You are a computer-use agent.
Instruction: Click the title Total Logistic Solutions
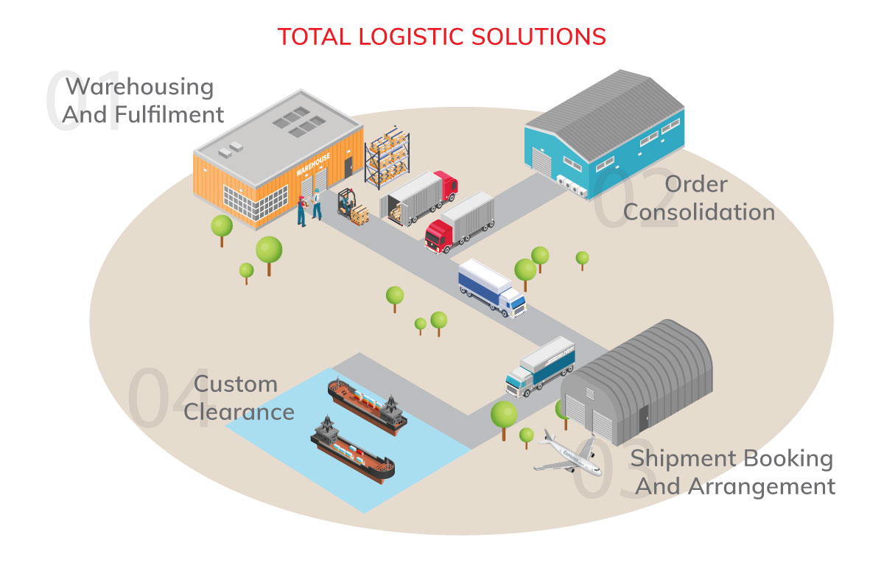[x=441, y=36]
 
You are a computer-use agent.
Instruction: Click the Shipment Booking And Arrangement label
[x=734, y=472]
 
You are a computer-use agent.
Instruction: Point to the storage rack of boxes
[x=387, y=158]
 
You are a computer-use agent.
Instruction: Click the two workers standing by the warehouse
[x=309, y=207]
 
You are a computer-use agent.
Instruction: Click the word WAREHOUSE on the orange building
[x=313, y=164]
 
